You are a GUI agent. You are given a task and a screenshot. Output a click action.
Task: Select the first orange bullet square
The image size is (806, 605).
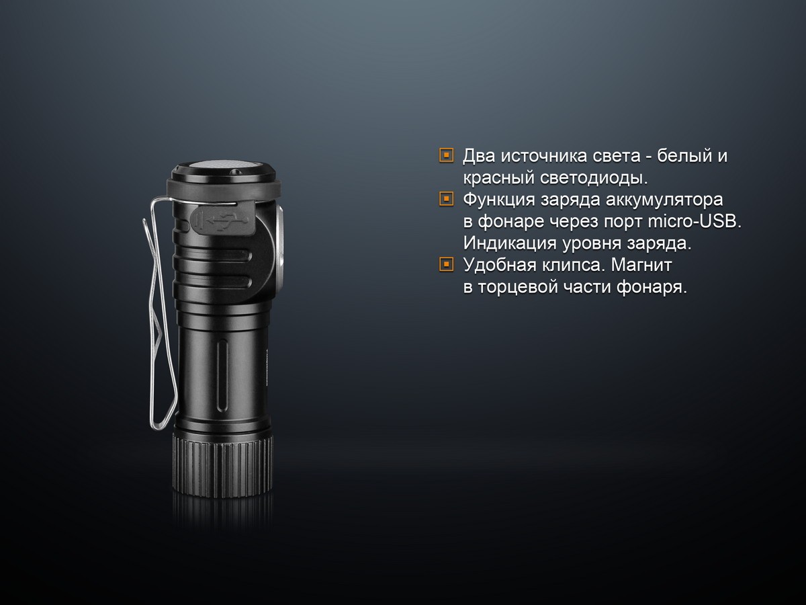[x=445, y=156]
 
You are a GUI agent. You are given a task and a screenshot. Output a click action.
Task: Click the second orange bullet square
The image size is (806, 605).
[x=445, y=200]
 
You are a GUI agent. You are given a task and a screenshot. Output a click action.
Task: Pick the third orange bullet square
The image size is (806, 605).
[x=445, y=265]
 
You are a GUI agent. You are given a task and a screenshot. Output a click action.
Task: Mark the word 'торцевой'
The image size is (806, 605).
[x=520, y=287]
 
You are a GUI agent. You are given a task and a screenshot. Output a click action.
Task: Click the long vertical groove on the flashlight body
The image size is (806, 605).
[x=222, y=376]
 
